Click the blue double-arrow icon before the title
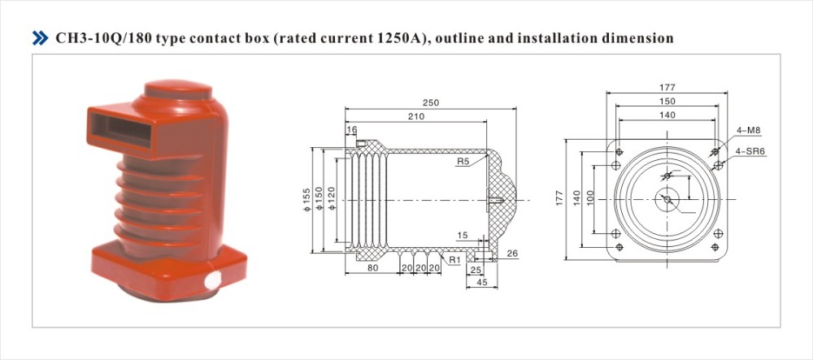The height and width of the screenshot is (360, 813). point(40,38)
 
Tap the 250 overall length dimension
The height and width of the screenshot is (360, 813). point(430,102)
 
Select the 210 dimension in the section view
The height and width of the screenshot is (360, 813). point(415,116)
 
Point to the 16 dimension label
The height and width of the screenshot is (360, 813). point(352,129)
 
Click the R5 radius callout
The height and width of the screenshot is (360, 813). point(463,162)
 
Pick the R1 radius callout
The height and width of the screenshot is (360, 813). point(454,260)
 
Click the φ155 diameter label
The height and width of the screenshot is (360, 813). point(307,199)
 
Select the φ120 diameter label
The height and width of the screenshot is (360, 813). point(332,199)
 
